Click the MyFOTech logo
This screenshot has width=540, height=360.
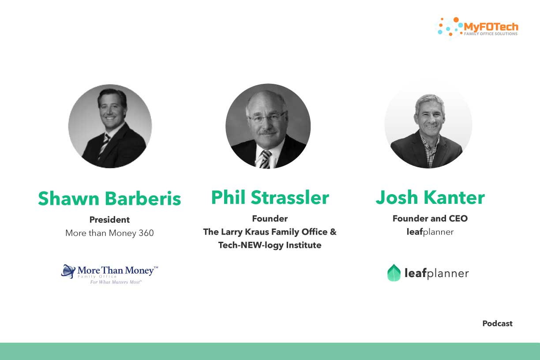[478, 27]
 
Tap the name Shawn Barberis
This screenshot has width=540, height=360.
[109, 199]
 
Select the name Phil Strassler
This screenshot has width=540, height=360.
[270, 197]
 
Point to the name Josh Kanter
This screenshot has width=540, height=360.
[430, 197]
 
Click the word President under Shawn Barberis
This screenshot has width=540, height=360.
[109, 220]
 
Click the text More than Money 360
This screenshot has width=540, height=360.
[109, 233]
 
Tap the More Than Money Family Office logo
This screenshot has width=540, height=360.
[110, 274]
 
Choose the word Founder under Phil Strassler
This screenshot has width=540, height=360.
[270, 218]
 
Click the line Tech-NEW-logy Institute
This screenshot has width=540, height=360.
[270, 245]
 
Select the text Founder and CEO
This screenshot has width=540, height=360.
[430, 218]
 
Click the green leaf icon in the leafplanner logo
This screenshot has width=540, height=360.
[394, 273]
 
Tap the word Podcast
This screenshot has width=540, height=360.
[497, 323]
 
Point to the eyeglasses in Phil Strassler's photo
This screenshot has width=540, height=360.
[268, 117]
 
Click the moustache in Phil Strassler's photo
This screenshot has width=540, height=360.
[268, 132]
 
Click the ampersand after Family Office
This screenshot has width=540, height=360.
[333, 232]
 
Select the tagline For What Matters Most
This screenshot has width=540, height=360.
[116, 282]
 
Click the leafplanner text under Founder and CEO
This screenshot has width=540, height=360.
[430, 232]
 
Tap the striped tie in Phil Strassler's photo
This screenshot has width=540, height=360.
[265, 159]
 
